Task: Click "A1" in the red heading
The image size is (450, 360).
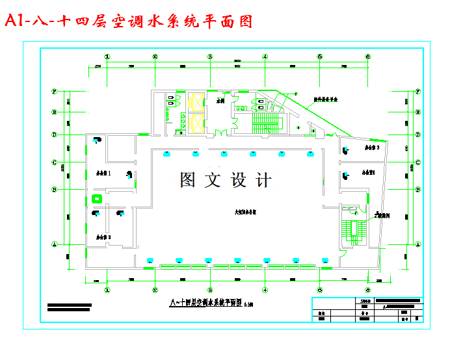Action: pos(14,21)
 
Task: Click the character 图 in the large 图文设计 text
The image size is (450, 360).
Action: pos(187,180)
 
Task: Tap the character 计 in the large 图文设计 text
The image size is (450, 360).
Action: pos(264,180)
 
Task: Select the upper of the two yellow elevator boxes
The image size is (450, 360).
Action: pos(196,101)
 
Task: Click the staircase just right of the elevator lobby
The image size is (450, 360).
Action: pos(268,122)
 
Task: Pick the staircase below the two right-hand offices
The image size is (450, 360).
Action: pos(355,230)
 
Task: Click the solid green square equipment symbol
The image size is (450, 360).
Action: pos(97,198)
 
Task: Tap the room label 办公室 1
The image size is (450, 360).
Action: pos(103,174)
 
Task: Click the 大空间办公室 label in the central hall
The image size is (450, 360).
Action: pos(245,212)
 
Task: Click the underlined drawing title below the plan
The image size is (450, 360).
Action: pos(205,302)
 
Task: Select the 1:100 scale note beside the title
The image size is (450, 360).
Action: pos(249,303)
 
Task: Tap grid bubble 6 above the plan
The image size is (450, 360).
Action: pos(368,57)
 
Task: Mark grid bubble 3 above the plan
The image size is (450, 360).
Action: pos(210,57)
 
